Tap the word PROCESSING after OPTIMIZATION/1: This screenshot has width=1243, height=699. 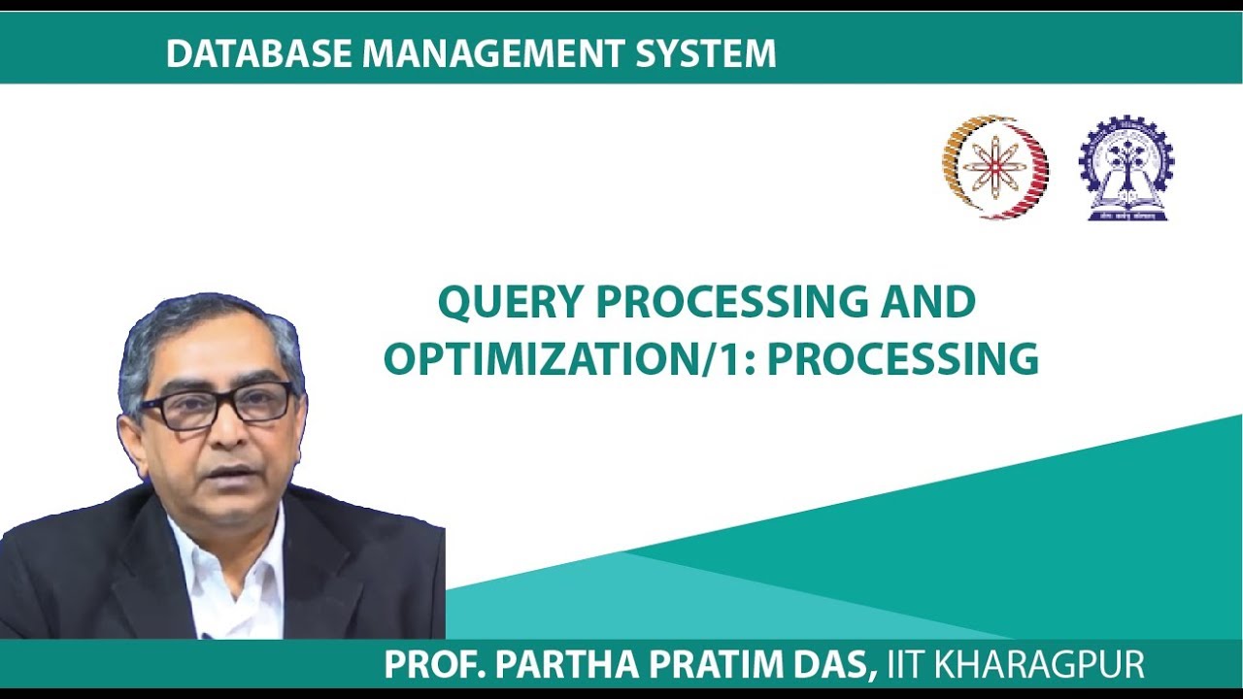coord(909,359)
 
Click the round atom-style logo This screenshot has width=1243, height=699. coord(994,166)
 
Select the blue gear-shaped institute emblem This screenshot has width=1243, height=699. coord(1126,167)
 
